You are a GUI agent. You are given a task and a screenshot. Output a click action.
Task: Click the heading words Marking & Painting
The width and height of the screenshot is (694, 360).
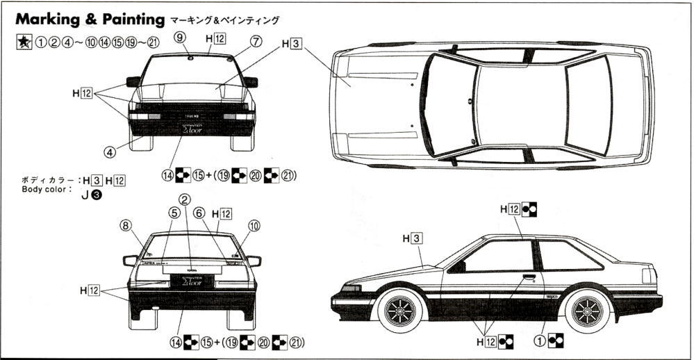pyautogui.click(x=90, y=19)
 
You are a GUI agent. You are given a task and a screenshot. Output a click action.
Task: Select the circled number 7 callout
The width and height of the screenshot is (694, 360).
pyautogui.click(x=256, y=41)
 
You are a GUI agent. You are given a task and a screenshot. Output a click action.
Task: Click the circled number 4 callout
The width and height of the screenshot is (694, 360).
pyautogui.click(x=110, y=150)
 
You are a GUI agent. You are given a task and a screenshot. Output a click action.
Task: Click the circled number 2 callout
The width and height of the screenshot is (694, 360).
pyautogui.click(x=184, y=199)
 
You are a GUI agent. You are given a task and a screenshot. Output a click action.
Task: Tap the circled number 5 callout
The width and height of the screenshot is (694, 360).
pyautogui.click(x=174, y=213)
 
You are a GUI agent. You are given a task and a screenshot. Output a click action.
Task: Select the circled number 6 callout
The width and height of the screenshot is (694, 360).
pyautogui.click(x=199, y=213)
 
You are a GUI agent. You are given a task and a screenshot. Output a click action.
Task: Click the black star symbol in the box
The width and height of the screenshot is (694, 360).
pyautogui.click(x=23, y=42)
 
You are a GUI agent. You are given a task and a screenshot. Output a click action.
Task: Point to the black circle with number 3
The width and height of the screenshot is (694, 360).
pyautogui.click(x=97, y=195)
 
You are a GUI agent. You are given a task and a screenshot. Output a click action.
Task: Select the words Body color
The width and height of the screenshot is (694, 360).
pyautogui.click(x=47, y=189)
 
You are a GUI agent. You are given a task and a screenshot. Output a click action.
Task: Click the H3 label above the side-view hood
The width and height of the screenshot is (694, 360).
pyautogui.click(x=412, y=239)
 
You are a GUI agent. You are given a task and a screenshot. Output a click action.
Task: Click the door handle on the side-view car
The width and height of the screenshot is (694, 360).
pyautogui.click(x=529, y=277)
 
